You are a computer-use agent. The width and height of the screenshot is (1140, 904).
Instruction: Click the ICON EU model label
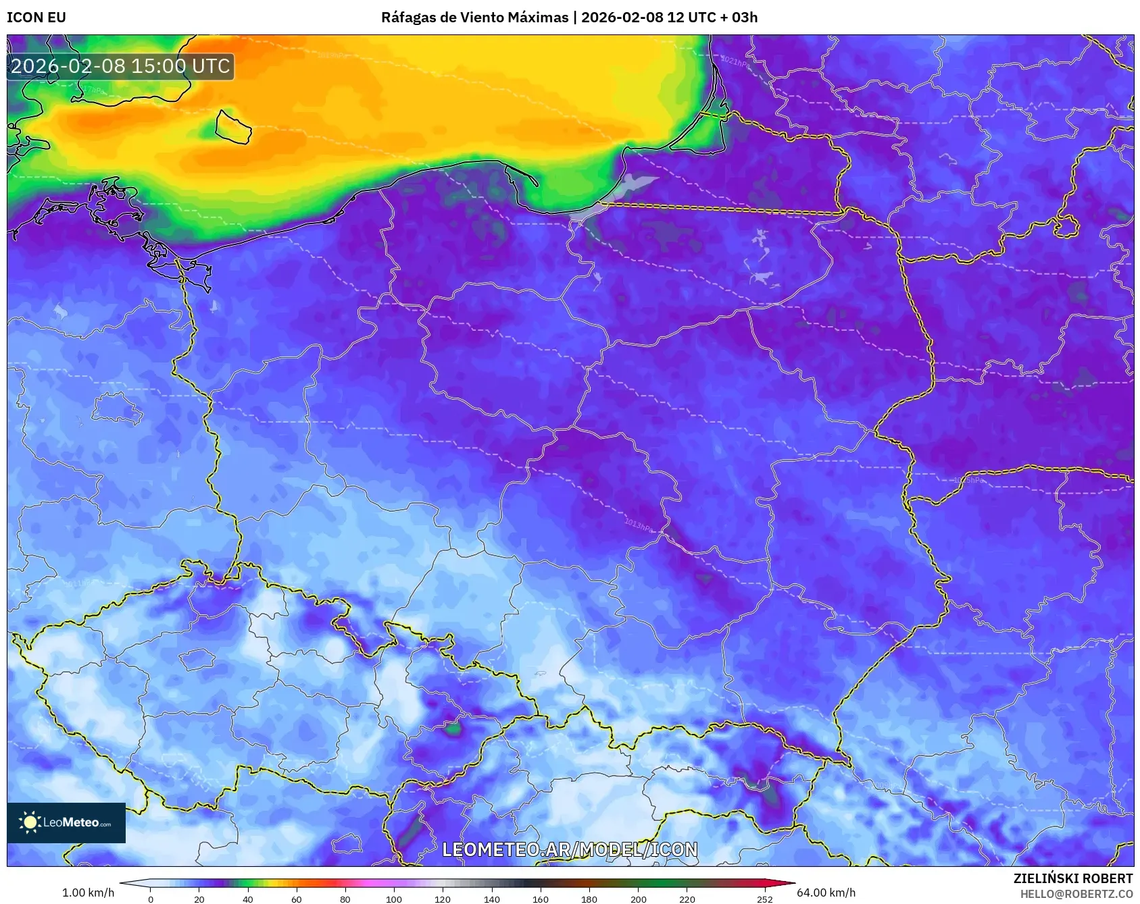[x=36, y=18]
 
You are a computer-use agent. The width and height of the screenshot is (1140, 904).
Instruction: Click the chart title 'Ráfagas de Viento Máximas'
[x=474, y=18]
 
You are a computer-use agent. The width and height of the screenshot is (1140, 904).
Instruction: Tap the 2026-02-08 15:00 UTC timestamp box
[x=120, y=66]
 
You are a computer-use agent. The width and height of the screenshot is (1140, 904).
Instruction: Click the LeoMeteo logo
[x=66, y=822]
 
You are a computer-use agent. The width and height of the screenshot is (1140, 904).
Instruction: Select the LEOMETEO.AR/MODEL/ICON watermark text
[x=570, y=849]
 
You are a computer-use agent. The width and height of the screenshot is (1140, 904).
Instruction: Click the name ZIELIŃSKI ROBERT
[x=1072, y=878]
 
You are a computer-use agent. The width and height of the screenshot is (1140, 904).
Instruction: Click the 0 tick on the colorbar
[x=151, y=899]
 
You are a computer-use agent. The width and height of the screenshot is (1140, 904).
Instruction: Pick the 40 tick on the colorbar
[x=248, y=899]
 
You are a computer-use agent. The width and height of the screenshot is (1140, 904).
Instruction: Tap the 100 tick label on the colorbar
[x=394, y=899]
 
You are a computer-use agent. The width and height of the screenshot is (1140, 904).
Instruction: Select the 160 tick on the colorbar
[x=541, y=899]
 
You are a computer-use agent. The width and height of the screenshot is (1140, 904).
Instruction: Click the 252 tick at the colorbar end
[x=764, y=899]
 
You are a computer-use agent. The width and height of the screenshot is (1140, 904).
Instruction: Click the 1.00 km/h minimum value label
[x=88, y=893]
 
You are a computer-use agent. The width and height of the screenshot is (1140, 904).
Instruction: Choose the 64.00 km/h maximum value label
[x=826, y=893]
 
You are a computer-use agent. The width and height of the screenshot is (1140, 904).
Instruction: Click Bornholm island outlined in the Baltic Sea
[x=233, y=127]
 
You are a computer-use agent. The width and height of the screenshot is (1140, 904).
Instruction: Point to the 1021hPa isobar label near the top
[x=735, y=62]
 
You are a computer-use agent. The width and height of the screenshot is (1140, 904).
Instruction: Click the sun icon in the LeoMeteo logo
[x=30, y=822]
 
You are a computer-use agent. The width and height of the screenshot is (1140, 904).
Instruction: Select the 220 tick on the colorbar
[x=687, y=899]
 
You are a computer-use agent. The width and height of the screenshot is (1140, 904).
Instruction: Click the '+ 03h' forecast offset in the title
[x=739, y=18]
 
